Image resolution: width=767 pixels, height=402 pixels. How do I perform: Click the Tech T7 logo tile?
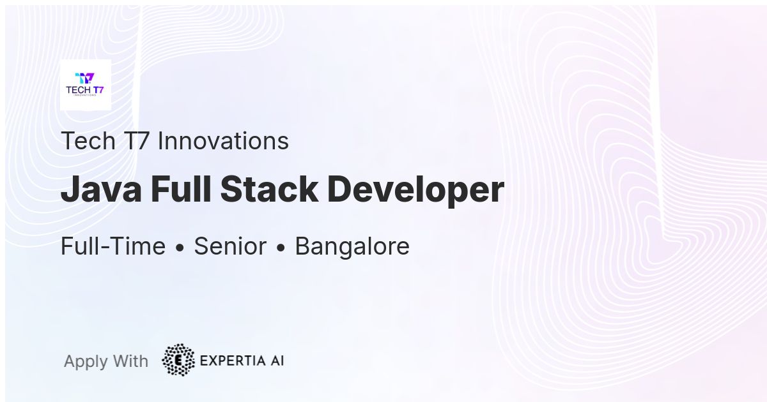click(85, 85)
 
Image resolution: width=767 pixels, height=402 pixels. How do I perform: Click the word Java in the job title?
click(101, 190)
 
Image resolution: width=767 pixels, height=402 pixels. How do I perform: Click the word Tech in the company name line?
click(88, 141)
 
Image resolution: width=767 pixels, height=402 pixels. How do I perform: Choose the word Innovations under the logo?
click(223, 141)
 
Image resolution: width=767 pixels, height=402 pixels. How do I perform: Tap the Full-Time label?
click(112, 246)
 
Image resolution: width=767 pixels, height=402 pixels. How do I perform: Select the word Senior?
click(230, 246)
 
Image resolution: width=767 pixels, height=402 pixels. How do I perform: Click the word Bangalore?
click(352, 246)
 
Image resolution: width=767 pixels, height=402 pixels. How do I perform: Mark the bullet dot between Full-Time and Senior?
click(180, 248)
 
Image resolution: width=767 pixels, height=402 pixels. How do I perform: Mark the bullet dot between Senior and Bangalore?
click(281, 248)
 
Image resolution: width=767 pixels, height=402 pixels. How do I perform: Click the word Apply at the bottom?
click(86, 362)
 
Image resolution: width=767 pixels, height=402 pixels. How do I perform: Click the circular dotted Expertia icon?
click(178, 360)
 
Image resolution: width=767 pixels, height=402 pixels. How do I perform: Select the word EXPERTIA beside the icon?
click(232, 361)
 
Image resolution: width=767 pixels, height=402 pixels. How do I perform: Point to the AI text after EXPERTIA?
click(276, 361)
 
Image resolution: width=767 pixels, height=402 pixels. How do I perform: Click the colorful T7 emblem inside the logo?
click(84, 78)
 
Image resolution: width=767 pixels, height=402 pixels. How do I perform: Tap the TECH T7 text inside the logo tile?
click(84, 90)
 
